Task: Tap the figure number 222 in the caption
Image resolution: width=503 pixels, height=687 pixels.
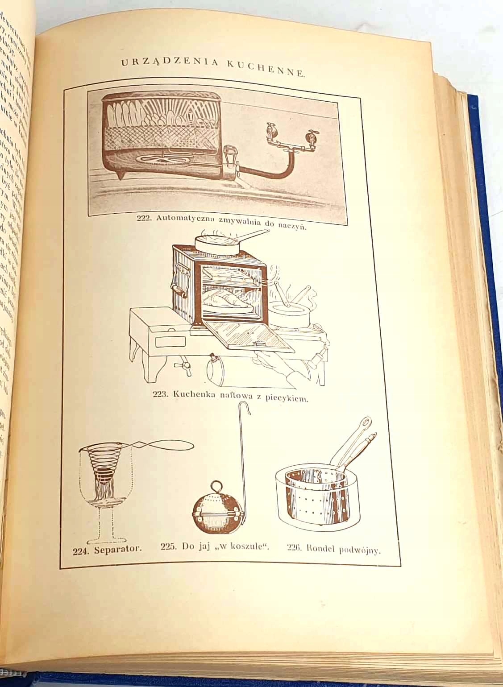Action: pos(143,219)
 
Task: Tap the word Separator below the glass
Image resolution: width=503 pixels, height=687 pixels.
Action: pos(118,549)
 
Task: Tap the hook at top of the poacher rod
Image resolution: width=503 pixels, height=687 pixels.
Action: pos(245,408)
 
